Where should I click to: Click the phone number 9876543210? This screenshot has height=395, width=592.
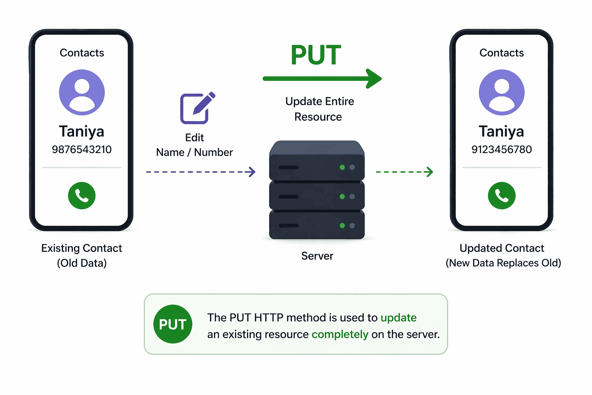(82, 150)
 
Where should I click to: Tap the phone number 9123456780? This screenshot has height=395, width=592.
(501, 150)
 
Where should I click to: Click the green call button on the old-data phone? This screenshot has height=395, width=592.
(82, 196)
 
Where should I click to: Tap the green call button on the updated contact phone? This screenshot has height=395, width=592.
(501, 196)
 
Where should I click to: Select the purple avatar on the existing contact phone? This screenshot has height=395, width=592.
(82, 92)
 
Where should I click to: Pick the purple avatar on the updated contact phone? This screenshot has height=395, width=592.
(501, 92)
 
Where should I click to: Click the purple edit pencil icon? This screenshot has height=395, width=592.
(197, 108)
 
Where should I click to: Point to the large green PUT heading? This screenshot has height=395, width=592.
(316, 55)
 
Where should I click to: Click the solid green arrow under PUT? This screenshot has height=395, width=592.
(322, 79)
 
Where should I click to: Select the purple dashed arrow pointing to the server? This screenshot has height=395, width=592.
(201, 172)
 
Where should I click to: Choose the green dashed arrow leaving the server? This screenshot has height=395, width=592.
(405, 172)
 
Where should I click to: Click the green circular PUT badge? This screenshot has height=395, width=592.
(173, 324)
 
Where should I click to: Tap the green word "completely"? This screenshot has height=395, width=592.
(340, 335)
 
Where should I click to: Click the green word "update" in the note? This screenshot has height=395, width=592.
(399, 318)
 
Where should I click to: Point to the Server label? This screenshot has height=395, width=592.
(317, 256)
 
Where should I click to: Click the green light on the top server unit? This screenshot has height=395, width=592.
(342, 167)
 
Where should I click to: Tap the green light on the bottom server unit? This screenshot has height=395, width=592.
(342, 225)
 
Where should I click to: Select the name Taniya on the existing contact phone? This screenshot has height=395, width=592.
(82, 132)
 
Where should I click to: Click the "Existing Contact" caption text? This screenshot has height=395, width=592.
(82, 248)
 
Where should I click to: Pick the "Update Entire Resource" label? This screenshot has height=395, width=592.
(319, 109)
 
